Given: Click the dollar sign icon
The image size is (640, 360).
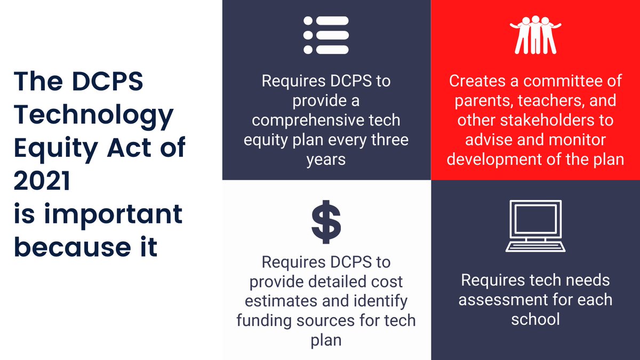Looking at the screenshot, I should click(x=326, y=222).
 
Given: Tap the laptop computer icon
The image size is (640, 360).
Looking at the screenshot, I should click(x=535, y=226).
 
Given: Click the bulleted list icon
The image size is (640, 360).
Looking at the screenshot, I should click(x=326, y=35).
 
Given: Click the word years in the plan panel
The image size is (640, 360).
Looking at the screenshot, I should click(x=326, y=159).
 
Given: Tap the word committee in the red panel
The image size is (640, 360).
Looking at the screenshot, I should click(x=573, y=81).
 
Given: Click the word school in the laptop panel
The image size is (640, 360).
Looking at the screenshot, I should click(x=535, y=319).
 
